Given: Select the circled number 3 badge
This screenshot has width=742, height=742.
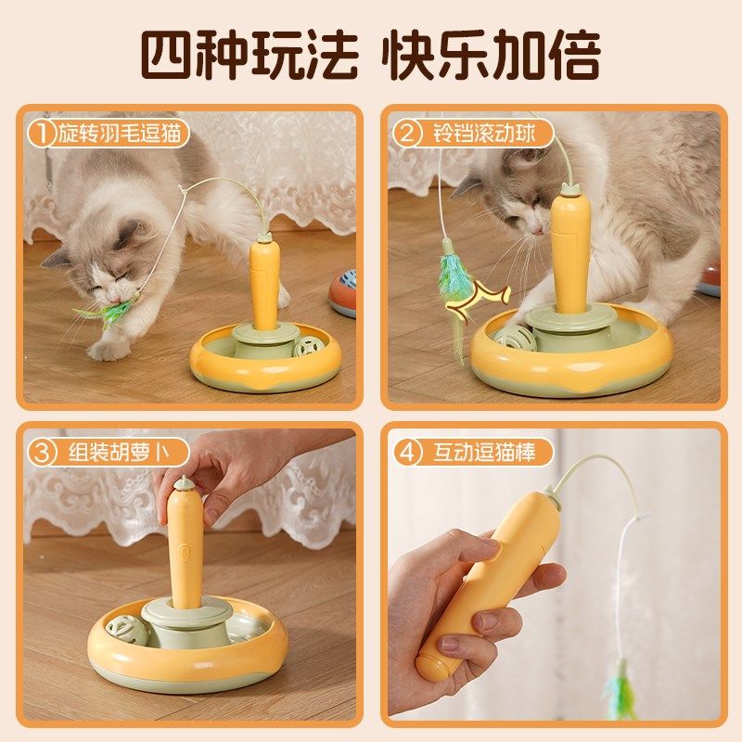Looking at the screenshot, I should tap(40, 454).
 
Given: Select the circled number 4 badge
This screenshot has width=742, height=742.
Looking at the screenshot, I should tap(404, 454).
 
